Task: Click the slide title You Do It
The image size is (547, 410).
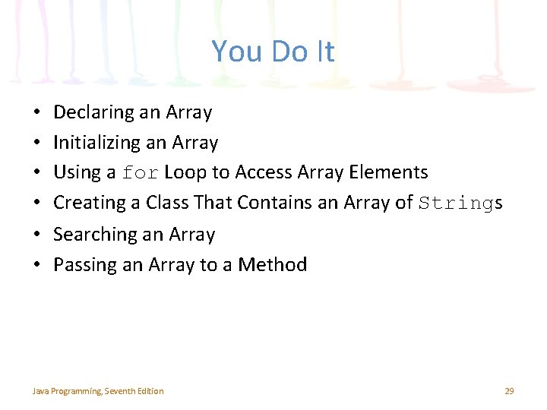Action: click(273, 52)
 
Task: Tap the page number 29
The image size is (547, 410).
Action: click(509, 391)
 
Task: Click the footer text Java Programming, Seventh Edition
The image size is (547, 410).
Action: click(97, 391)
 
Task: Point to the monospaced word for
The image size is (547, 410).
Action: click(140, 173)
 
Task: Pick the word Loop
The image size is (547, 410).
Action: click(185, 172)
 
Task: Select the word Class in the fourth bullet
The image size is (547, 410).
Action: click(168, 203)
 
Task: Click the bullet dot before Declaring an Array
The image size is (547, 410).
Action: click(36, 113)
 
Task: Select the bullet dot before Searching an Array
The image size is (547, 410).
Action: click(36, 235)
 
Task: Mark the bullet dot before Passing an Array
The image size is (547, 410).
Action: click(36, 265)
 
